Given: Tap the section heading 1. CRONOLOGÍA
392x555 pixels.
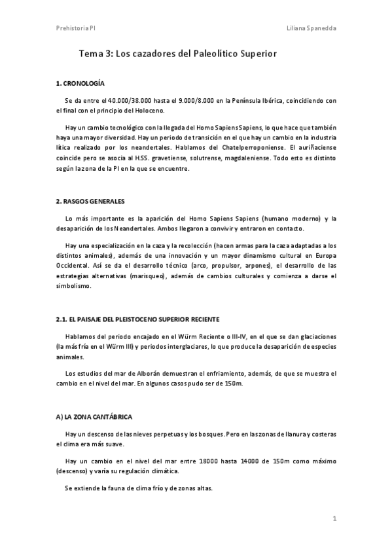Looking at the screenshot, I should pos(80,84).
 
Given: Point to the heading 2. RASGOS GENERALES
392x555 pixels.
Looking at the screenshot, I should pos(90,200).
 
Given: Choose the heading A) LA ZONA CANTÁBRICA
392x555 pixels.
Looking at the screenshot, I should pos(95,416).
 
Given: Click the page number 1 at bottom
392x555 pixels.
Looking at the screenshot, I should pos(334,519).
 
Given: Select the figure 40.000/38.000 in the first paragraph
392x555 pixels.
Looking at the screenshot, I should pos(115,101).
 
